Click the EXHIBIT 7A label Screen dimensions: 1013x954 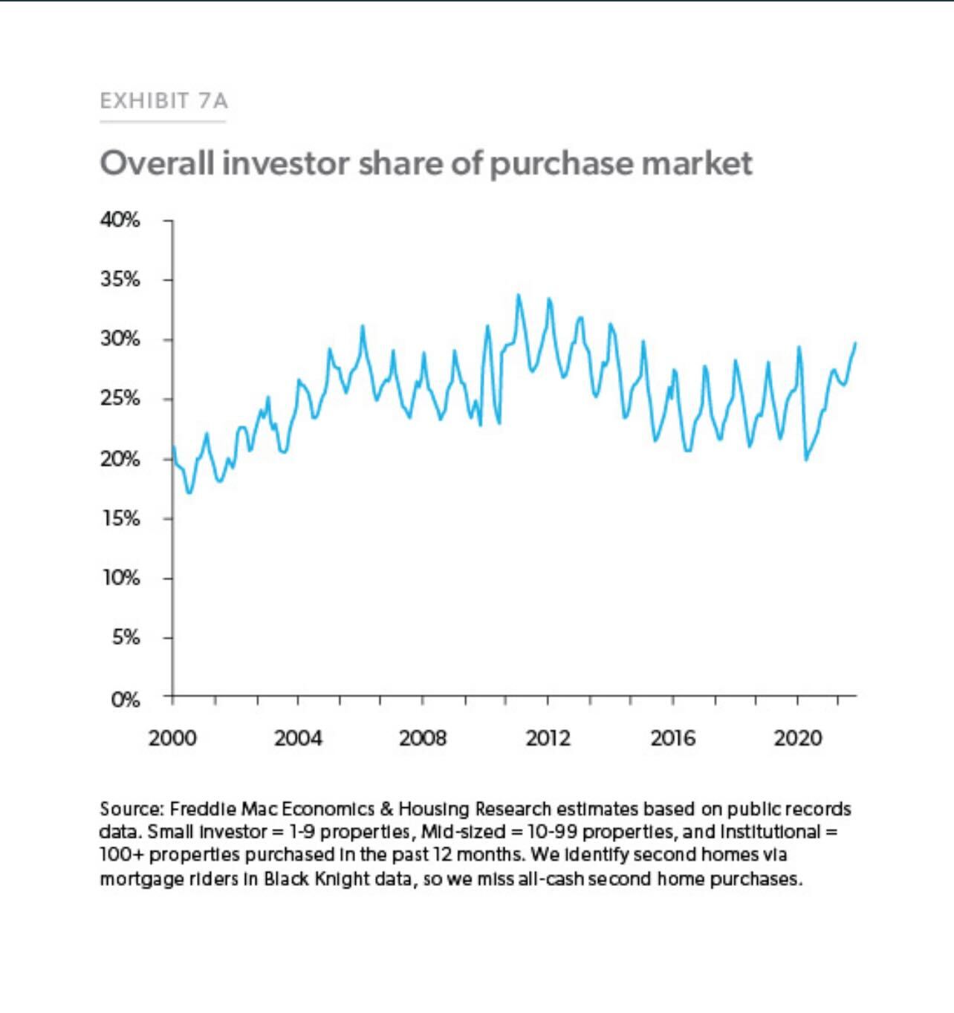[163, 100]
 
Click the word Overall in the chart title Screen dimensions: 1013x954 [157, 163]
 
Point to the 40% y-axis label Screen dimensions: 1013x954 [120, 220]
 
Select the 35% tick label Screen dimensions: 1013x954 [120, 279]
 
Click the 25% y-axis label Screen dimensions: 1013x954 [120, 399]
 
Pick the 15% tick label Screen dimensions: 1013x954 [120, 518]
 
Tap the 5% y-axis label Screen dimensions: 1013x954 [126, 637]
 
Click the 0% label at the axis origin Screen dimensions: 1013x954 [125, 700]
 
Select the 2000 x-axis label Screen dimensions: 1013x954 [172, 738]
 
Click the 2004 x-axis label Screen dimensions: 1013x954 [298, 738]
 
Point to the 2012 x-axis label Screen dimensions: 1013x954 [548, 738]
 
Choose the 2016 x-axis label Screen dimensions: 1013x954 [673, 738]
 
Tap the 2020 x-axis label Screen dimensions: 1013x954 [798, 738]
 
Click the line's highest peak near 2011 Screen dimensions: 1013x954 [519, 296]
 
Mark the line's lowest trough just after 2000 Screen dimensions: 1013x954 [189, 492]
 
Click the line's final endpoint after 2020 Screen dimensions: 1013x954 [855, 343]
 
